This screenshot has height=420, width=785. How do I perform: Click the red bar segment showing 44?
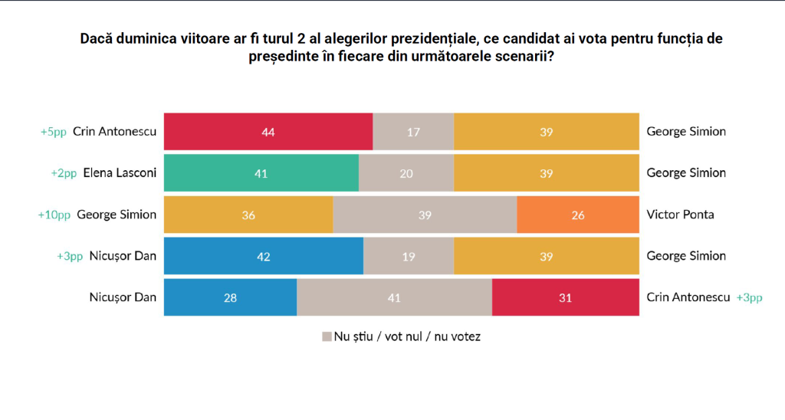(268, 131)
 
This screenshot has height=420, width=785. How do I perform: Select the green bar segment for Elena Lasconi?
(261, 172)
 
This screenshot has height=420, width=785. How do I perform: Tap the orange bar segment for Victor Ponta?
(578, 215)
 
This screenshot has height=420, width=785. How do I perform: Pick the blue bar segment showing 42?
(264, 256)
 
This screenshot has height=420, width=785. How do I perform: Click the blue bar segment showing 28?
(231, 297)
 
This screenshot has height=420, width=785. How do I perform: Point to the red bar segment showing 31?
(565, 297)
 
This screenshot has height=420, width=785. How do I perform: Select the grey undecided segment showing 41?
(394, 297)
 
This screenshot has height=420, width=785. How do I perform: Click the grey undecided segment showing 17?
(413, 131)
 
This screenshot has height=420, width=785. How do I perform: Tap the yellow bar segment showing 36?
(248, 215)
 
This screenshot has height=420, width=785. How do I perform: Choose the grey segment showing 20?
(406, 172)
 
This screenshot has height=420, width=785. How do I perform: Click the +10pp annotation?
(54, 215)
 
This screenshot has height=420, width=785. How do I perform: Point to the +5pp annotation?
(54, 131)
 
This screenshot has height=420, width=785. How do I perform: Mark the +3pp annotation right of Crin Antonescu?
(749, 297)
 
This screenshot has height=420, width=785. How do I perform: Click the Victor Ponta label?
(681, 215)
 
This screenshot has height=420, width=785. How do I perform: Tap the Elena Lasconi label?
(120, 172)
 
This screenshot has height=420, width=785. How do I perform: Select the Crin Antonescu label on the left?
(115, 131)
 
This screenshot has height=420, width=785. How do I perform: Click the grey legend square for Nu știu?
(327, 336)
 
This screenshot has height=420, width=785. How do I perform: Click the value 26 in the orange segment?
(578, 215)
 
